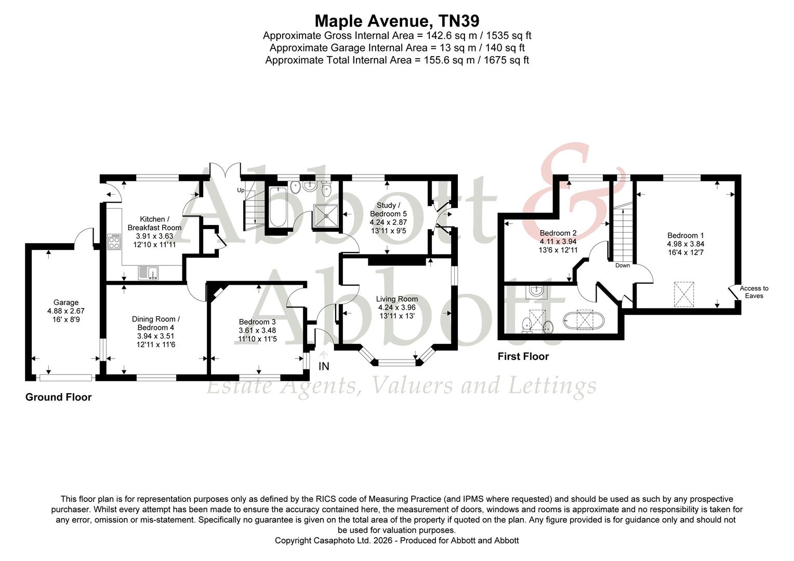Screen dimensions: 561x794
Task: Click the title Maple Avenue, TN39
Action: coord(396,21)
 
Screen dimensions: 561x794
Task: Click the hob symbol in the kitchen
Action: coord(114,242)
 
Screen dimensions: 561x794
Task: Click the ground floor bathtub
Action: coord(275,208)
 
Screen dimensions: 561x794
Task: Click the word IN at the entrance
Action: coord(324,367)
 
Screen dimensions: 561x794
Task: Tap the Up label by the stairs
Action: coord(241,190)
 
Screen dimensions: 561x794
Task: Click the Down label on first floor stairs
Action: coord(622,265)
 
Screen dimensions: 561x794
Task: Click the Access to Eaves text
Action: coord(754,292)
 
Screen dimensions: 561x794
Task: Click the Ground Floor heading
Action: coord(59,397)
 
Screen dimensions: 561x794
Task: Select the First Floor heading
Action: coord(523,356)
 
